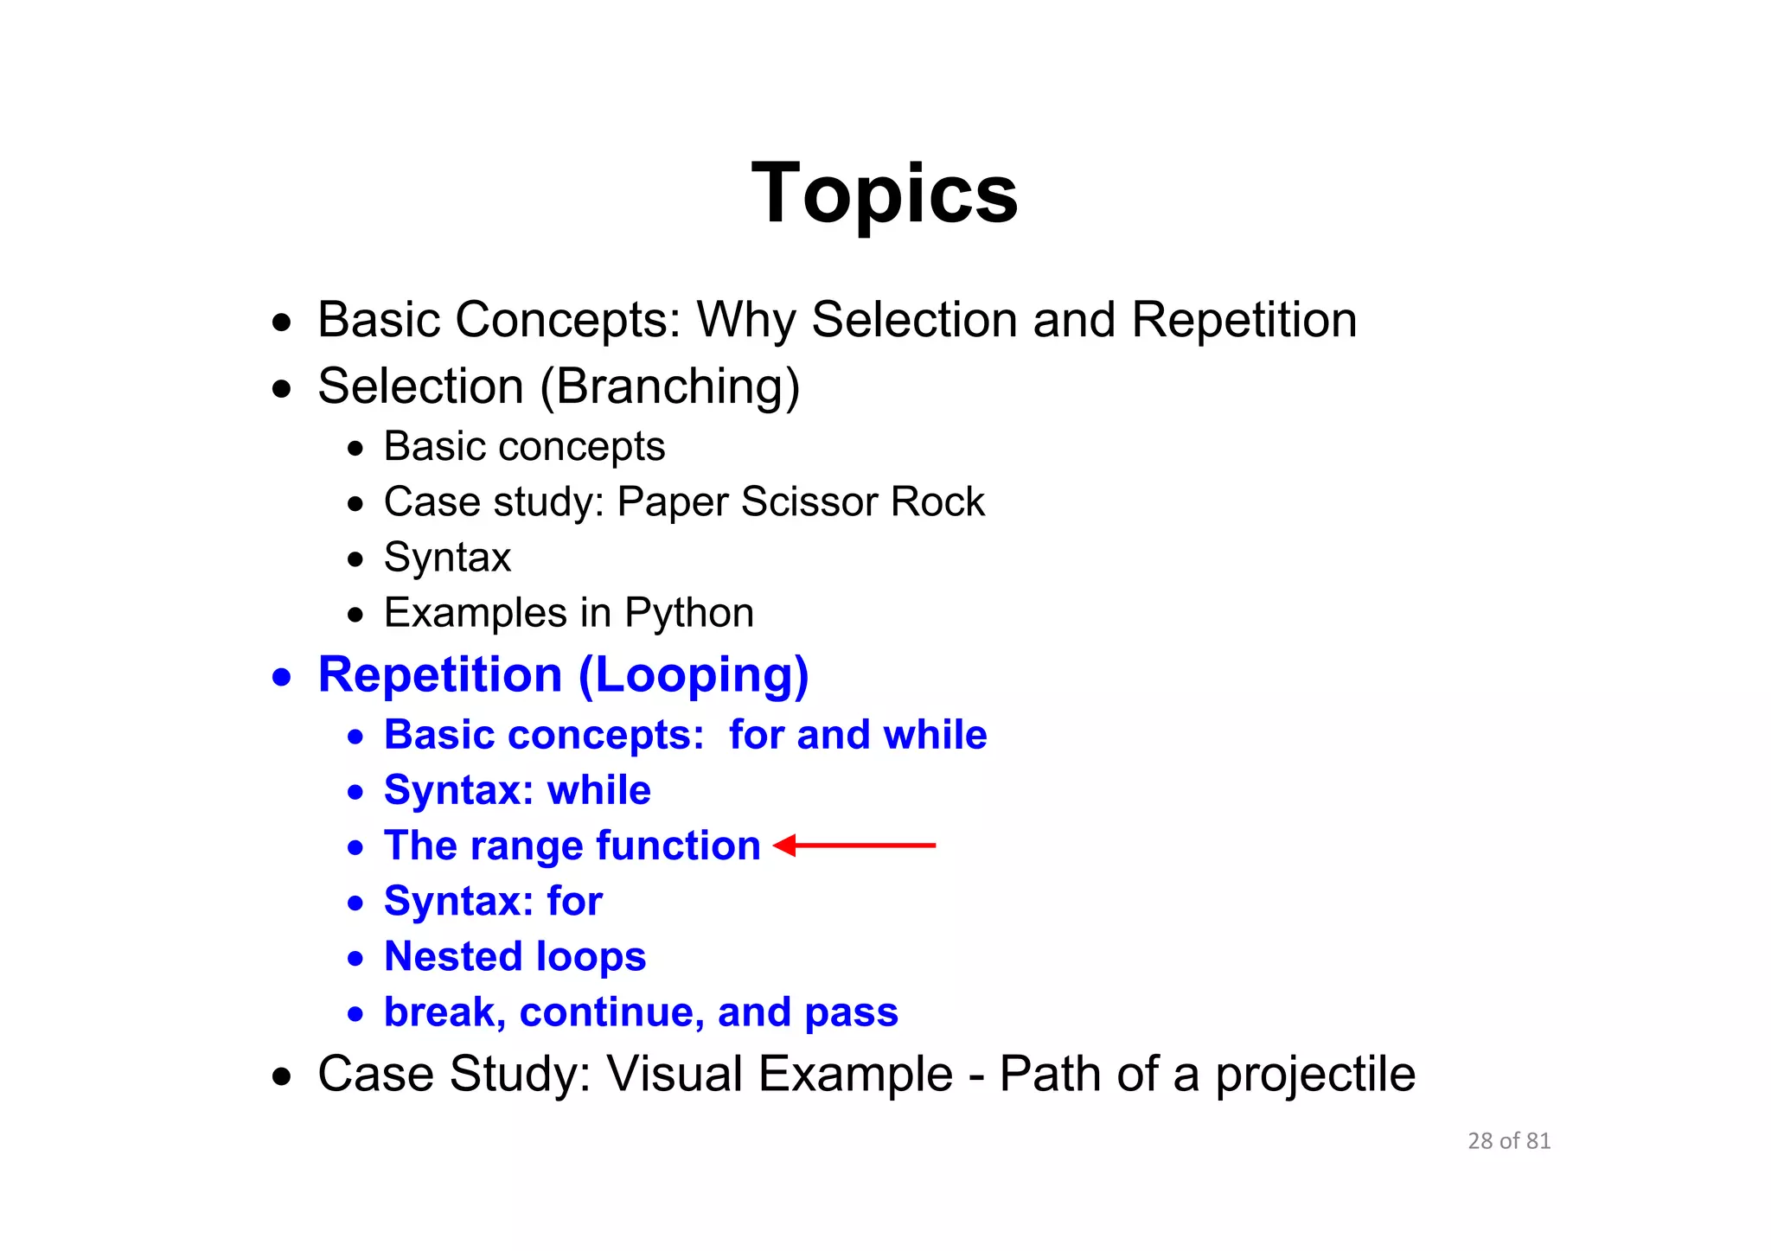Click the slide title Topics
(x=885, y=194)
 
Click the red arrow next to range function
(x=854, y=845)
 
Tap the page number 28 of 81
(x=1509, y=1141)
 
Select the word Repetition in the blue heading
(x=440, y=674)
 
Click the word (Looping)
(x=694, y=676)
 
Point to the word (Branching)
(x=670, y=386)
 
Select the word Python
(x=689, y=614)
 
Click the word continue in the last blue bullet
(x=611, y=1012)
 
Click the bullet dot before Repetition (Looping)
(x=281, y=677)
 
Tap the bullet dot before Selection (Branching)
(x=281, y=389)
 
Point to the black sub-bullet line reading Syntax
(x=447, y=558)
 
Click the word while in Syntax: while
(x=598, y=790)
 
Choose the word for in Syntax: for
(x=574, y=901)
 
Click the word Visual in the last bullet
(x=675, y=1074)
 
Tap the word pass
(x=851, y=1013)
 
